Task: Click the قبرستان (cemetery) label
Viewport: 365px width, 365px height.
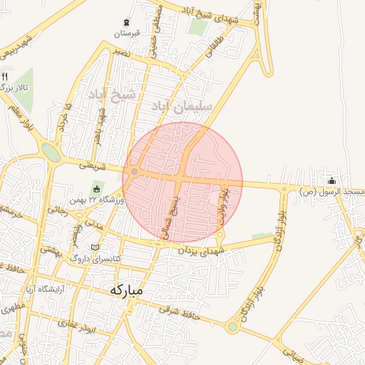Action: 127,34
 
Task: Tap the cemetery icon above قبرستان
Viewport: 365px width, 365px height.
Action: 127,22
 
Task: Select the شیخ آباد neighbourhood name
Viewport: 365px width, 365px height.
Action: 111,94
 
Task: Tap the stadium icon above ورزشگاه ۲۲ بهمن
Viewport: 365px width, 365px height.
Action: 96,189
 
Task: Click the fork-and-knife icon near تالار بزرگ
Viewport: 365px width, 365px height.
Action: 5,76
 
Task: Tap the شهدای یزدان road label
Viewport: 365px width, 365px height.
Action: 202,251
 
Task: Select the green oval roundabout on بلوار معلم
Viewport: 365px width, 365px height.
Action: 51,153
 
